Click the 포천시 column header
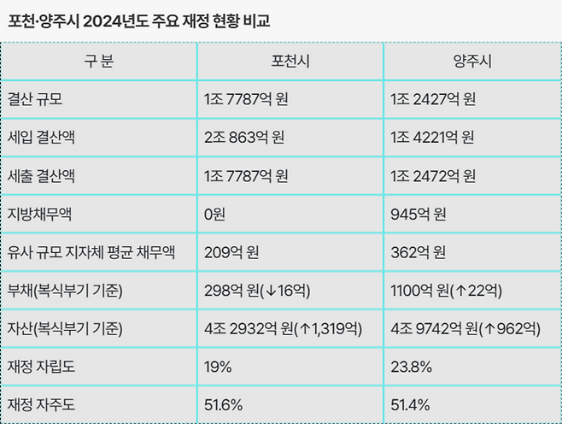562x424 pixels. pyautogui.click(x=290, y=61)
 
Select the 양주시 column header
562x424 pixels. pyautogui.click(x=472, y=61)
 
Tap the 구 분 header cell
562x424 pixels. pyautogui.click(x=99, y=61)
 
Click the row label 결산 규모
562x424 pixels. pyautogui.click(x=35, y=99)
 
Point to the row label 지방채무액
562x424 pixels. pyautogui.click(x=40, y=215)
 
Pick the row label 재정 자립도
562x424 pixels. pyautogui.click(x=41, y=367)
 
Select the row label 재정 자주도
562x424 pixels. pyautogui.click(x=41, y=405)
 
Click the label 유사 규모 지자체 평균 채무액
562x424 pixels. pyautogui.click(x=91, y=252)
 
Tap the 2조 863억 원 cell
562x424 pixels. pyautogui.click(x=244, y=138)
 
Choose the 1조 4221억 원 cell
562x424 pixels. pyautogui.click(x=433, y=138)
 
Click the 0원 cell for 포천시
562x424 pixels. pyautogui.click(x=214, y=215)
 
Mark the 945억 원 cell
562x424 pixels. pyautogui.click(x=419, y=215)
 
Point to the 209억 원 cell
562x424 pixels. pyautogui.click(x=231, y=252)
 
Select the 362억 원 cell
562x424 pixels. pyautogui.click(x=419, y=252)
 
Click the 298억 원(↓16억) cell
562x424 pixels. pyautogui.click(x=257, y=291)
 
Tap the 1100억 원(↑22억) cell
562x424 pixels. pyautogui.click(x=446, y=291)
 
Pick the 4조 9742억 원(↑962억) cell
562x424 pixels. pyautogui.click(x=465, y=329)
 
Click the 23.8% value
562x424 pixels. pyautogui.click(x=411, y=367)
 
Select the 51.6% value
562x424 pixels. pyautogui.click(x=223, y=405)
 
